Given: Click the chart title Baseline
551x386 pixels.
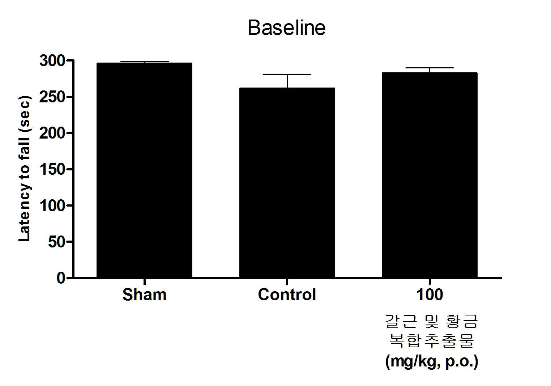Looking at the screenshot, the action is pos(287,28).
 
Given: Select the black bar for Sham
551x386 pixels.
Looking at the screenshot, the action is pos(144,170).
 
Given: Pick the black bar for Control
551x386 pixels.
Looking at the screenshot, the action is pos(287,183).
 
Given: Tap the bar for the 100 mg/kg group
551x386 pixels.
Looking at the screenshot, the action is pos(430,175).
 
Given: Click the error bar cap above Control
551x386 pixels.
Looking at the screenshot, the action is pos(287,75).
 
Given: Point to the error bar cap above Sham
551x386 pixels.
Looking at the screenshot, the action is pos(144,61).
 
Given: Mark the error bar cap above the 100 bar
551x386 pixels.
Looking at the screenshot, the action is pos(430,68).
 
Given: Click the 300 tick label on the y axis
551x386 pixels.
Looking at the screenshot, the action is pos(52,60).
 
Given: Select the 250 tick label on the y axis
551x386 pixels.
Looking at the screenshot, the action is pos(52,97).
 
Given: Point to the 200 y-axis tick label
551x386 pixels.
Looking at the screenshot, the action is pos(52,133).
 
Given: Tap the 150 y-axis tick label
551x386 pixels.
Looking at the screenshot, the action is pos(52,169).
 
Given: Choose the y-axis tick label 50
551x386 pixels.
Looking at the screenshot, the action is pos(56,242).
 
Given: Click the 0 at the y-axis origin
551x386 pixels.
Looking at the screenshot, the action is pos(61,278).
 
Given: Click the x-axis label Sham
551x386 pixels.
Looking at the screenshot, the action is pos(144,295).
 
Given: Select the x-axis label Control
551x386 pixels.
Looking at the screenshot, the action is pos(287,295).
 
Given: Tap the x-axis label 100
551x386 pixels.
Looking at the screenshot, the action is pos(430,295).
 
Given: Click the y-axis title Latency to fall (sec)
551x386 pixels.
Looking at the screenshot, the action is pos(25,169).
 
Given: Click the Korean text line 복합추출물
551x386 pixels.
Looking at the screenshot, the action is pos(431,340).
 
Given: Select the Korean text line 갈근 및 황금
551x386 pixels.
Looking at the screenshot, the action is pos(431,321).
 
